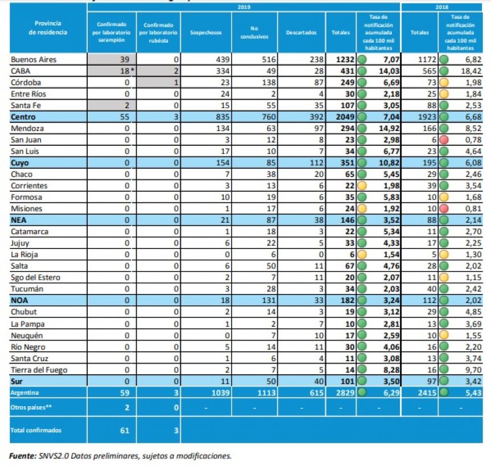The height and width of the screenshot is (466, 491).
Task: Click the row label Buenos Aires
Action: coord(34,59)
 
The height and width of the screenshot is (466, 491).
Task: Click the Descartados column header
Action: coord(301,32)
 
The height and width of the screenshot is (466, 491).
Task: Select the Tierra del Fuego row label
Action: coord(39,370)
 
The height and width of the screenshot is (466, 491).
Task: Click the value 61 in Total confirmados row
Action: coord(125,431)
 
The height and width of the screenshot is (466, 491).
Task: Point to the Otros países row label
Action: coord(30,407)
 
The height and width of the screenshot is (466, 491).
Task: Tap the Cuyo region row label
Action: coord(21,162)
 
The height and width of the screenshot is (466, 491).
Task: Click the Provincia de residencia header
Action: coord(48,28)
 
